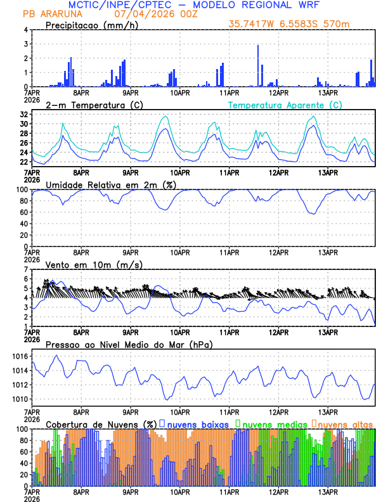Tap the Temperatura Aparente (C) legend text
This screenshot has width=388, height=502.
(x=285, y=105)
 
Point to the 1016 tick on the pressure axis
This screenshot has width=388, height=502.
(x=20, y=357)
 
